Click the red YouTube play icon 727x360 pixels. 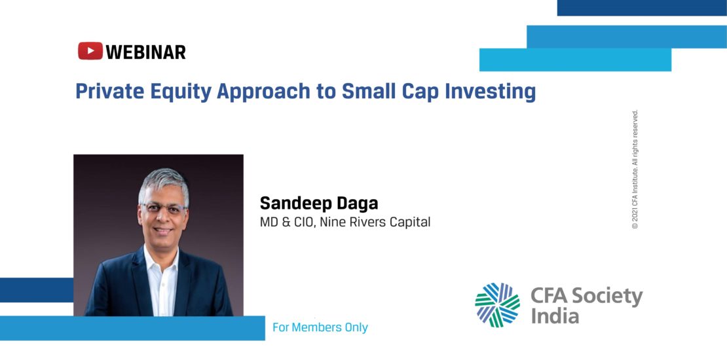[90, 51]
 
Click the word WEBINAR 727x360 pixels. [145, 52]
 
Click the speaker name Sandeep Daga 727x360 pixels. [319, 204]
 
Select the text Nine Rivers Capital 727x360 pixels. [375, 223]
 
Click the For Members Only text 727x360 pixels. [320, 327]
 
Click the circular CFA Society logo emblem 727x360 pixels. [498, 305]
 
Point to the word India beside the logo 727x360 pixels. [555, 316]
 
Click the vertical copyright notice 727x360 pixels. [635, 169]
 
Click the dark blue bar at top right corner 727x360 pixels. [642, 8]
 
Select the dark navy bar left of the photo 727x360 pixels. [37, 290]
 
